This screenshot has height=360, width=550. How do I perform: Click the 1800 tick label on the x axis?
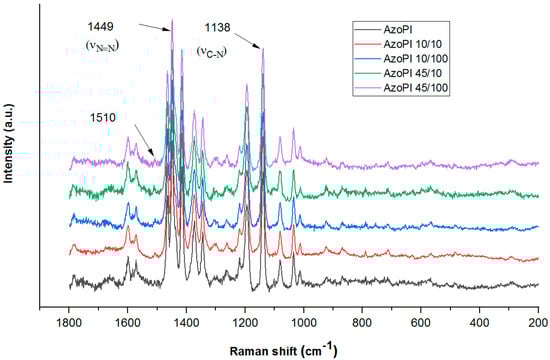pos(70,323)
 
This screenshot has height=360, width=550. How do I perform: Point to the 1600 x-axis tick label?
pos(128,323)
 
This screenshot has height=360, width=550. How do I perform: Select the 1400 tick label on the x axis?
pos(187,323)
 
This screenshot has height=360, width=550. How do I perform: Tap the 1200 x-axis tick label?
pos(245,323)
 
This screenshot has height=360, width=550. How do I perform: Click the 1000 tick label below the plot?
pos(304,323)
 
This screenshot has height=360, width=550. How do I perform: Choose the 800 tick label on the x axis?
pos(363,323)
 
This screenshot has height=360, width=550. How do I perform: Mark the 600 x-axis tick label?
pos(421,323)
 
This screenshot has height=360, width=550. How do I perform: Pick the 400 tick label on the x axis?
pos(480,323)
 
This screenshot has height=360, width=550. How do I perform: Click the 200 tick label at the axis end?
pos(538,323)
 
